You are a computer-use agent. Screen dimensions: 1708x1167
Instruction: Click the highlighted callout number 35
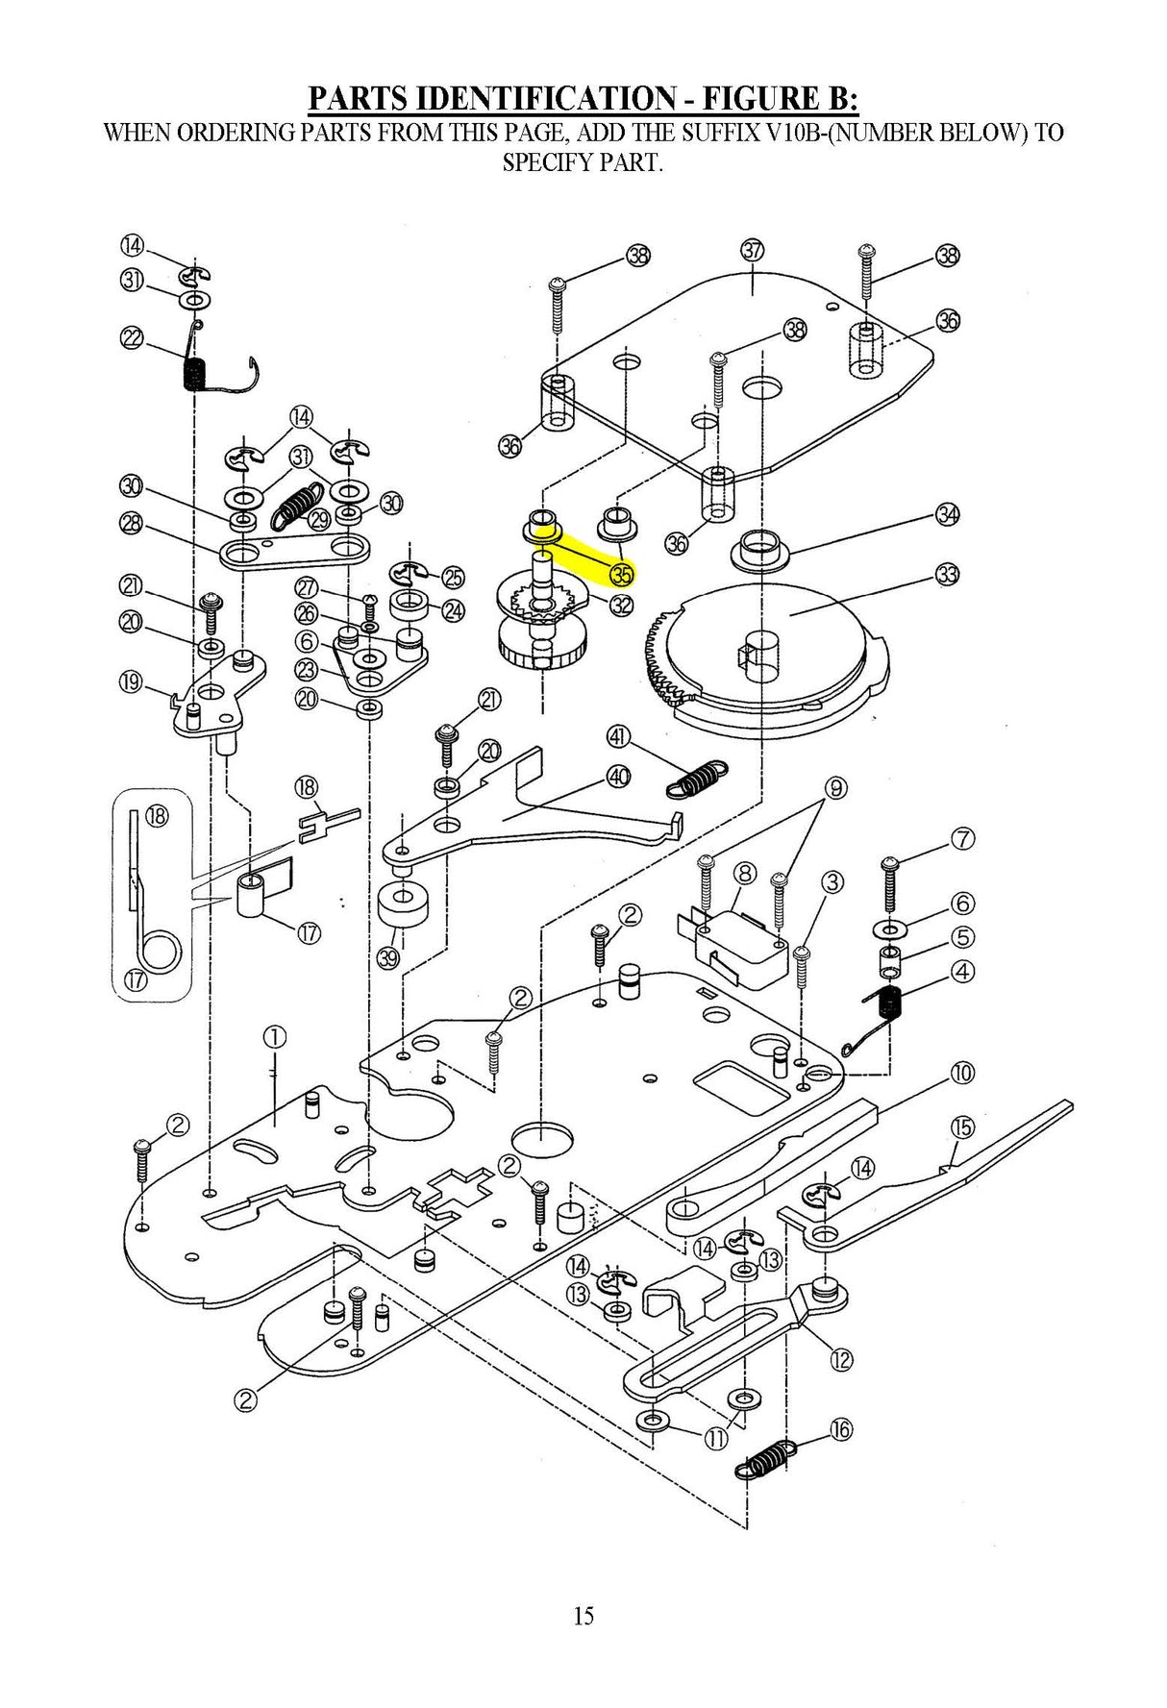pos(622,575)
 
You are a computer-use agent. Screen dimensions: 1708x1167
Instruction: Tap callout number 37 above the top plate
pos(752,250)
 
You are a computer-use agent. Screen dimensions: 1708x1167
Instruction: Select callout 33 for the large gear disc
pos(947,575)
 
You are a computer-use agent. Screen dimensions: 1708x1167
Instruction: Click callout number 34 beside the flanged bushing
pos(947,514)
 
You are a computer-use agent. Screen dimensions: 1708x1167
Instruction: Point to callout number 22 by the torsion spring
pos(132,337)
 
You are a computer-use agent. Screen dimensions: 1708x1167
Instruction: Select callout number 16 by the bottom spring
pos(840,1429)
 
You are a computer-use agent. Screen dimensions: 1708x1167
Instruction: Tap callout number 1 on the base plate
pos(275,1036)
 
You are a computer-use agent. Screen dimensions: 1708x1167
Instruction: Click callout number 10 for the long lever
pos(962,1073)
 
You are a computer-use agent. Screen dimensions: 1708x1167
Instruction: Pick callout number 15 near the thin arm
pos(962,1126)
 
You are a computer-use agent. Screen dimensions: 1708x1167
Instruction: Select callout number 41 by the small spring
pos(618,737)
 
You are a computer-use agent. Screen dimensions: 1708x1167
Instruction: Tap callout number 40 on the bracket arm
pos(618,776)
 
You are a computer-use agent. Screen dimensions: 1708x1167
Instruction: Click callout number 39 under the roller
pos(387,957)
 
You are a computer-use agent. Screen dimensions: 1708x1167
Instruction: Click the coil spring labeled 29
pos(297,504)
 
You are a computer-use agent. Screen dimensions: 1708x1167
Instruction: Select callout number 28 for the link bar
pos(132,523)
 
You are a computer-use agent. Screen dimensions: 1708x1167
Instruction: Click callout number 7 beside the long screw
pos(962,838)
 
